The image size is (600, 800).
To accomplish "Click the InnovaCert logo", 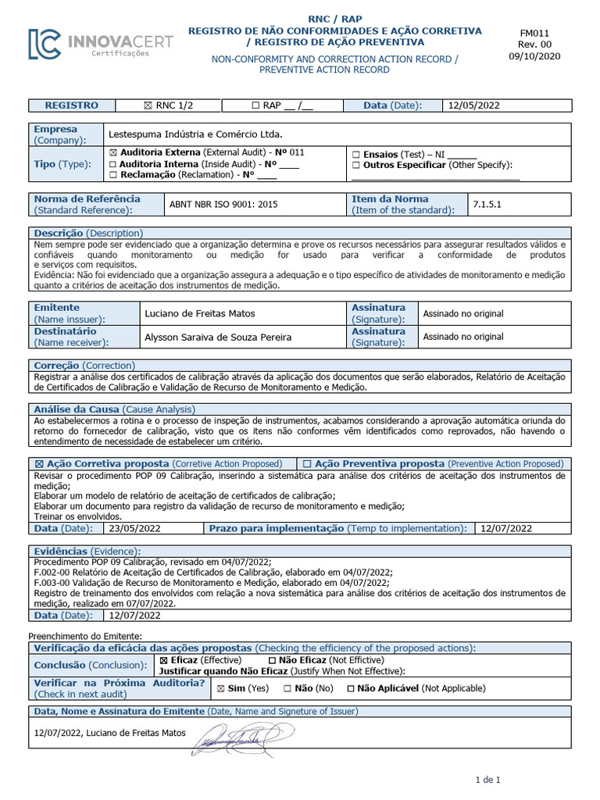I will (101, 45).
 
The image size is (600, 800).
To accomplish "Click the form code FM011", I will (535, 34).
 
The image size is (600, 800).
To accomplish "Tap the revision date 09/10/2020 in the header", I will (535, 55).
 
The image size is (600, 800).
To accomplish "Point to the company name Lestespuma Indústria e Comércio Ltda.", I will (195, 134).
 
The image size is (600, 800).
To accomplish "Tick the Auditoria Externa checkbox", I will (113, 153).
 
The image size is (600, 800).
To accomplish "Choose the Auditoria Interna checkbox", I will (113, 164).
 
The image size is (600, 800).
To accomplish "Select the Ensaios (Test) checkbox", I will (356, 155).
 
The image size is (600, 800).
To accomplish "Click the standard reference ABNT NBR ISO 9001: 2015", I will (223, 205).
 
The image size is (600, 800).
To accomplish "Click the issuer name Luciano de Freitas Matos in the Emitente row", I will (200, 314).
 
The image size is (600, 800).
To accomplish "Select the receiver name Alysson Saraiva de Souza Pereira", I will (218, 337).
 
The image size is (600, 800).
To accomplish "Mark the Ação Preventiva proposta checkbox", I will (307, 463).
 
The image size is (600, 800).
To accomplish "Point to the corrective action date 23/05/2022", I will (135, 528).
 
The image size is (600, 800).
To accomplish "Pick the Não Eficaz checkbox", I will (271, 660).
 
